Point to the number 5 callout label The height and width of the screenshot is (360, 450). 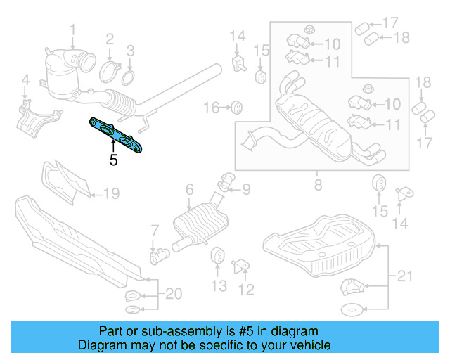coord(113,160)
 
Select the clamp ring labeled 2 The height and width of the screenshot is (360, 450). coord(109,71)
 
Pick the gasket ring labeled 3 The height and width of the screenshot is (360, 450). coord(129,76)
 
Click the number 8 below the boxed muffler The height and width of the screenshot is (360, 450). coord(318,186)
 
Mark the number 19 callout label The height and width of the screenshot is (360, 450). coord(112,193)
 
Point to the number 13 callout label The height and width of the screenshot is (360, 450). coord(219,285)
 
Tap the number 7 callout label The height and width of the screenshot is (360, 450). coord(155,229)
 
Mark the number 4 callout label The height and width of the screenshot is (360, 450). coord(25,79)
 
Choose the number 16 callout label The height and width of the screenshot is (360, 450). coord(212,108)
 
